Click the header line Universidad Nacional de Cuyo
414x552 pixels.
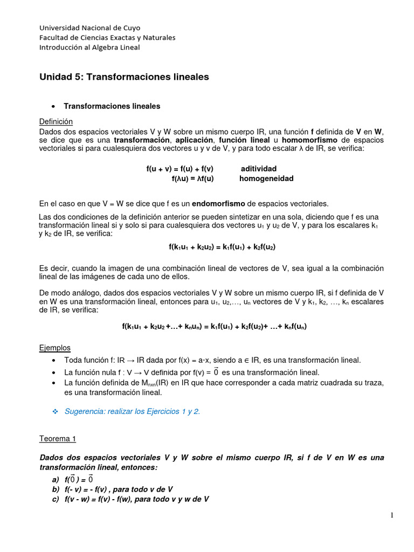89,27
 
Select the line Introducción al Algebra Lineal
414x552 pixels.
89,47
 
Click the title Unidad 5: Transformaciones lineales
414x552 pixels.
124,77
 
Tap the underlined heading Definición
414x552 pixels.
56,122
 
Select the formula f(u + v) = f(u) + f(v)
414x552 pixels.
180,169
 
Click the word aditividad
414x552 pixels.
258,169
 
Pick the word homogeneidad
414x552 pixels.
266,178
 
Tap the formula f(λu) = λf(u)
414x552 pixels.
192,178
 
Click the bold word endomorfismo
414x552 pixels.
218,203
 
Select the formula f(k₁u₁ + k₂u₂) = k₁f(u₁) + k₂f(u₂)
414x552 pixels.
223,246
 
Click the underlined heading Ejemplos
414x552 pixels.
55,347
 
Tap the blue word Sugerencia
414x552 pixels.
85,411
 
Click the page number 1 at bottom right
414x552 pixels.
392,515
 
